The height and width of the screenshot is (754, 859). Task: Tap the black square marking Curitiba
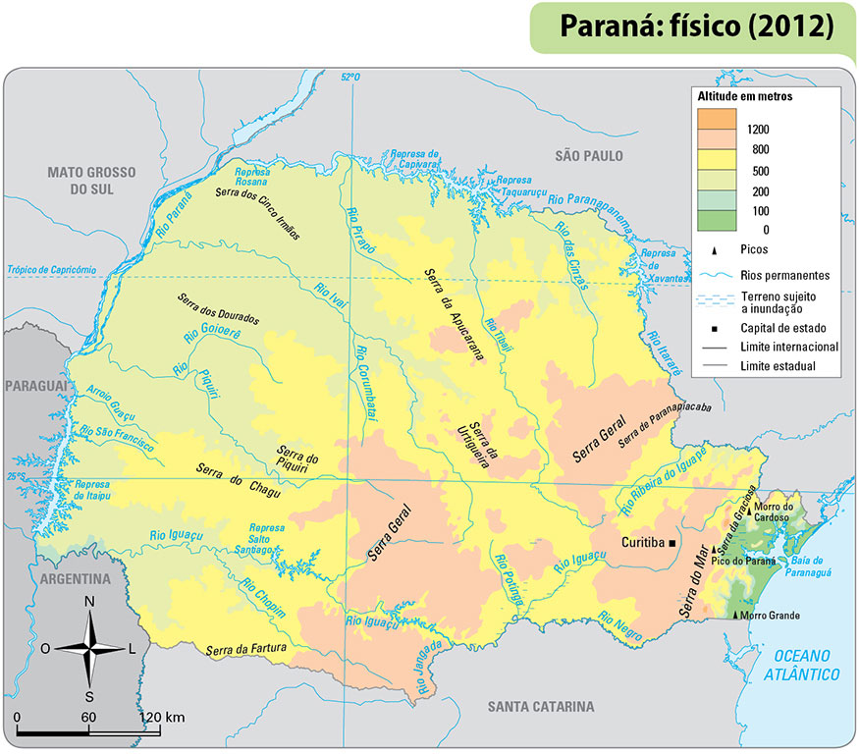[x=673, y=543]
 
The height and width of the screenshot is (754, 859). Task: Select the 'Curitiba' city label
[x=643, y=543]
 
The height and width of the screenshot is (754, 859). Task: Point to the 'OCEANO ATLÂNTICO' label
[x=805, y=665]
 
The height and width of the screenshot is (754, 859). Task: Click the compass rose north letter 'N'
[x=89, y=602]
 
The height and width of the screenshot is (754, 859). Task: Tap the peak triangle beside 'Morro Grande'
[x=736, y=615]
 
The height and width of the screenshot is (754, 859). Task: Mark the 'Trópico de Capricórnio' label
[x=51, y=269]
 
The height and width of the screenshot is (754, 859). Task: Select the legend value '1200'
[x=757, y=129]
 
